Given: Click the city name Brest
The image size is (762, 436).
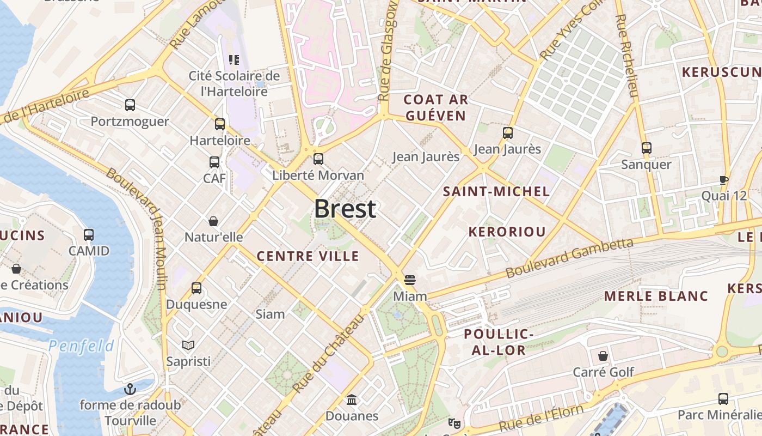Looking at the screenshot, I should click(345, 209).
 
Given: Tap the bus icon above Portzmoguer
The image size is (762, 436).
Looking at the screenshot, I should click(130, 105).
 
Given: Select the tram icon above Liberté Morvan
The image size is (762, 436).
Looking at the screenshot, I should click(318, 159).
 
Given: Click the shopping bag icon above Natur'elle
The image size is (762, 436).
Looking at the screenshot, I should click(213, 221).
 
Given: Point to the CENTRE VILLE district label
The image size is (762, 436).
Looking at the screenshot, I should click(308, 256).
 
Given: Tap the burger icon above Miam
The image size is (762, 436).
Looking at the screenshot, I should click(410, 280).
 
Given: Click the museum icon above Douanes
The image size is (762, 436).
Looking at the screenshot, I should click(352, 400).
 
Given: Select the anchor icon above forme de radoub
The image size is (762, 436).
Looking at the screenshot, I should click(130, 389).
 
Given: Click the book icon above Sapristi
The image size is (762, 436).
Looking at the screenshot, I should click(188, 345).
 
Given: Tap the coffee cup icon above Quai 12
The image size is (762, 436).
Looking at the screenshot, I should click(723, 180).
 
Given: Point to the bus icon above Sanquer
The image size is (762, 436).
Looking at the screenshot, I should click(646, 148).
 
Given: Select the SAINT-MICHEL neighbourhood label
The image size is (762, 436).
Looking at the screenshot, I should click(496, 191).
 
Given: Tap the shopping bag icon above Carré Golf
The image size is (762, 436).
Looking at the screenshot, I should click(603, 356).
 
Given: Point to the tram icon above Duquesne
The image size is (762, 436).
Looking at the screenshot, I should click(196, 288).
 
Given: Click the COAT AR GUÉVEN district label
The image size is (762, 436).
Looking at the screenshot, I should click(435, 107).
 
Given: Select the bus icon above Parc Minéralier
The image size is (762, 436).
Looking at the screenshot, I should click(723, 399).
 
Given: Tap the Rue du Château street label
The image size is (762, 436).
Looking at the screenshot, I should click(328, 353).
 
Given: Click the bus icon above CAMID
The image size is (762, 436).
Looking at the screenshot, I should click(89, 235).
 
